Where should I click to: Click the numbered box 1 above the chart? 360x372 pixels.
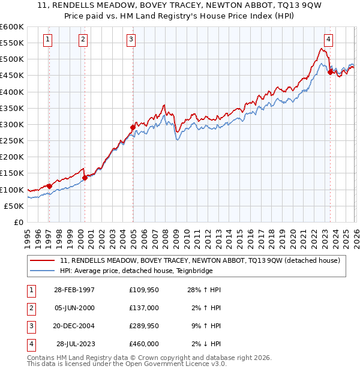click(x=47, y=40)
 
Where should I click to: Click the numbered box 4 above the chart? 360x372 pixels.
click(x=328, y=40)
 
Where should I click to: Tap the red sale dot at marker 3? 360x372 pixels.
click(x=133, y=127)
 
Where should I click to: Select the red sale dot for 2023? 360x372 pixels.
click(x=330, y=72)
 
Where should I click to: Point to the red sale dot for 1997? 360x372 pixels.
click(x=49, y=186)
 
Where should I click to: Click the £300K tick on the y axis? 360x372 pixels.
click(x=12, y=124)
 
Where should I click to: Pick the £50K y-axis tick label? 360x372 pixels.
click(x=14, y=206)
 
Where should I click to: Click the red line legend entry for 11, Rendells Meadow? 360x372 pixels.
click(x=200, y=260)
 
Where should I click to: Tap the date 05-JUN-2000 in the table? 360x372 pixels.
click(x=74, y=308)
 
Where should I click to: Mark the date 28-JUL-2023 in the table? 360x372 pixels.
click(x=76, y=344)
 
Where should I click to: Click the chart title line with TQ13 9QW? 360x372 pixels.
click(x=180, y=5)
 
